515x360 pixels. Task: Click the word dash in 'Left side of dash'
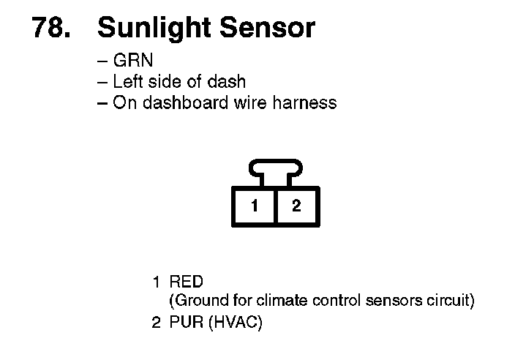click(x=228, y=81)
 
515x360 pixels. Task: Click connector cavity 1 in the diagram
click(x=255, y=206)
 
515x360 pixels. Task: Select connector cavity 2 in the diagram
click(x=296, y=206)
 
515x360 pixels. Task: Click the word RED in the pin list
click(x=186, y=282)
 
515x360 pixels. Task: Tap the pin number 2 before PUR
click(x=156, y=323)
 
